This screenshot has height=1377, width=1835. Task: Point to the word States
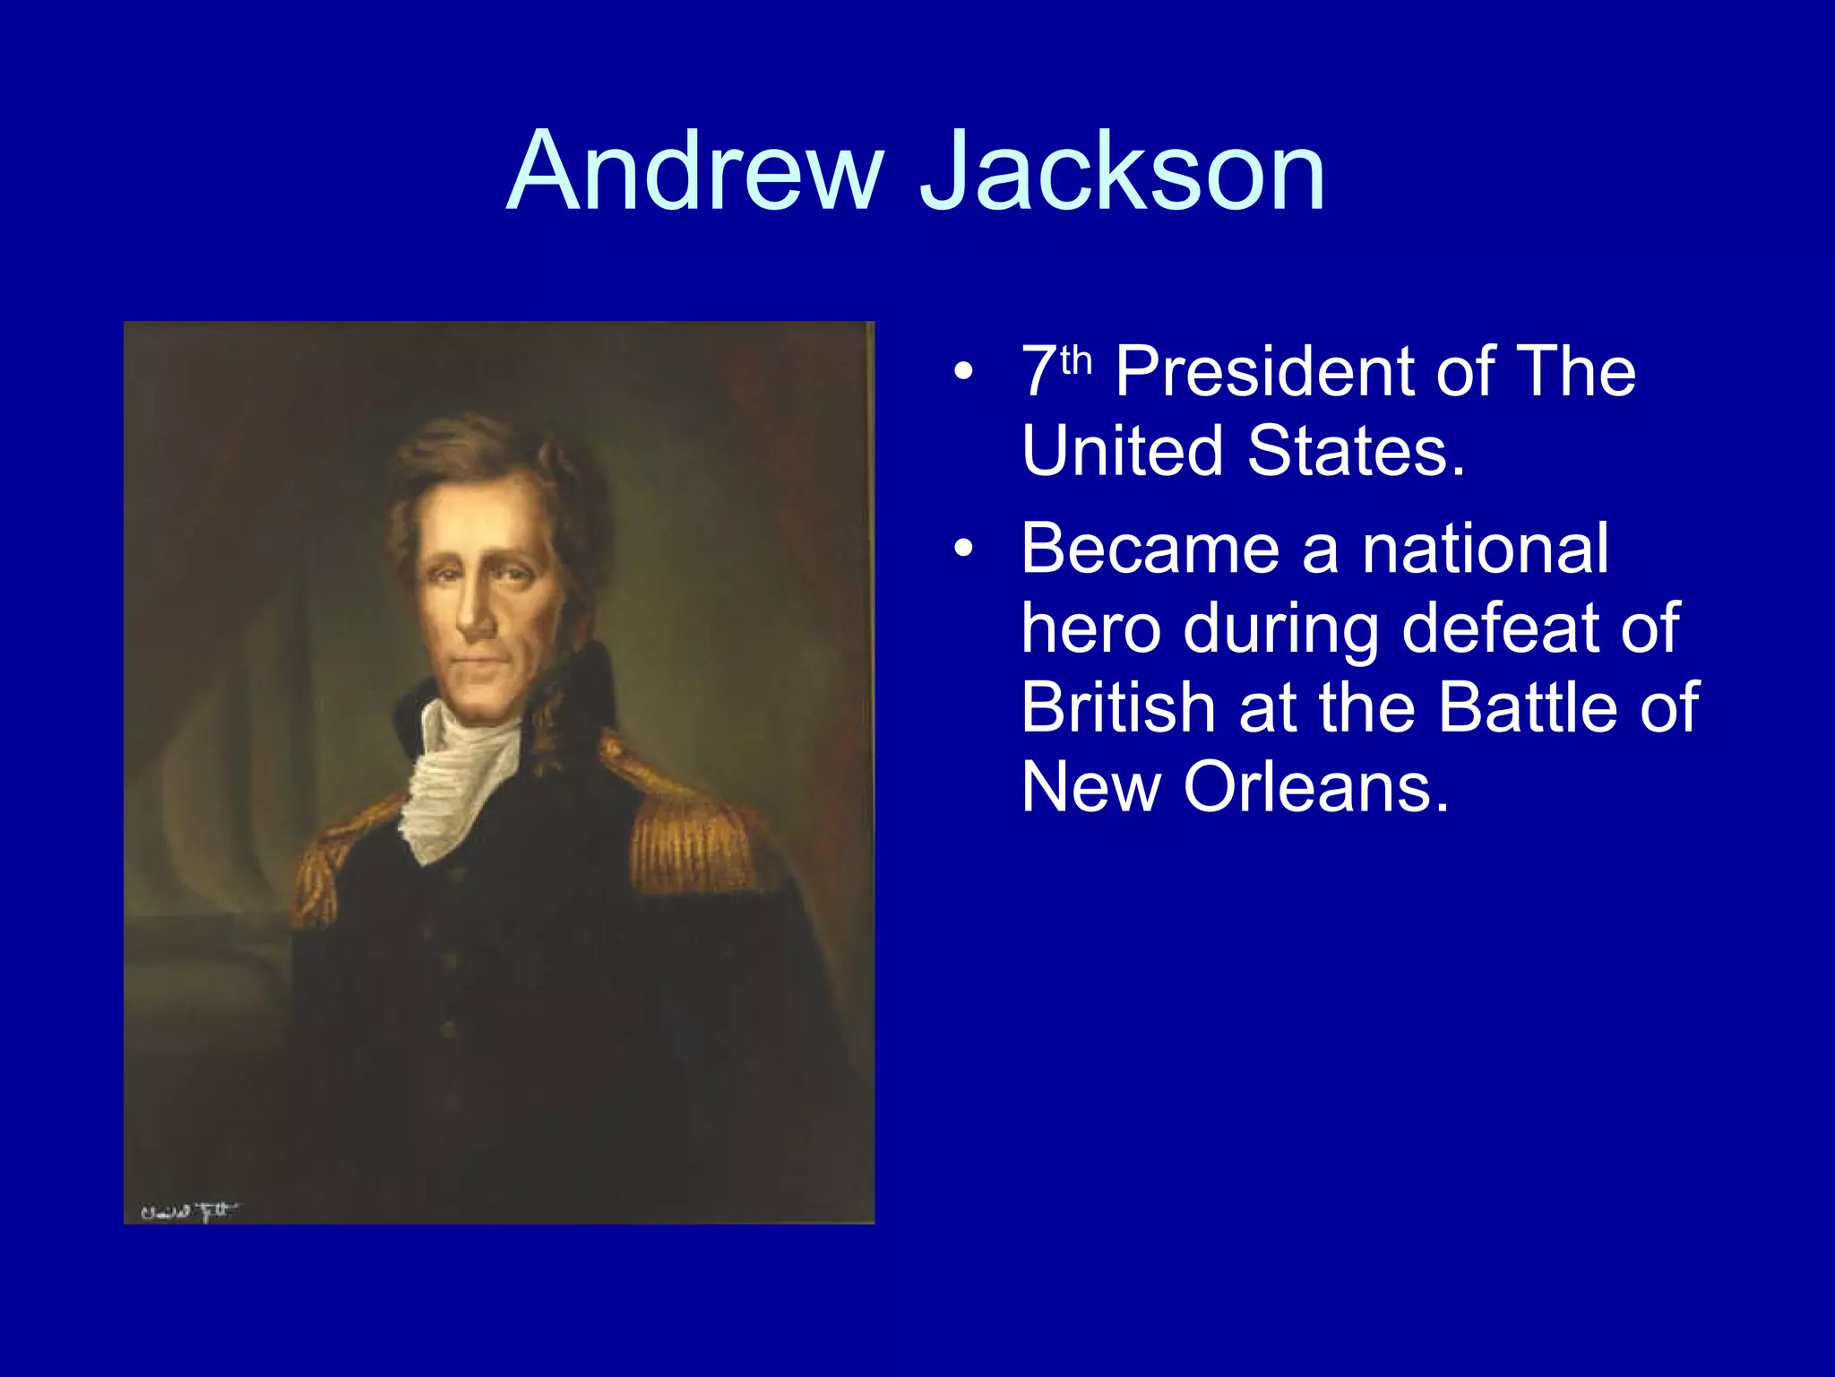[x=1355, y=450]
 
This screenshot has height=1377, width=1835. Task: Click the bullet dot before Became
[x=962, y=549]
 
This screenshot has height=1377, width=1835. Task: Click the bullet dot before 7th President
[x=962, y=371]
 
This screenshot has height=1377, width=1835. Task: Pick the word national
[x=1485, y=549]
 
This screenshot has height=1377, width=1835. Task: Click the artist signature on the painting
[x=189, y=1212]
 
